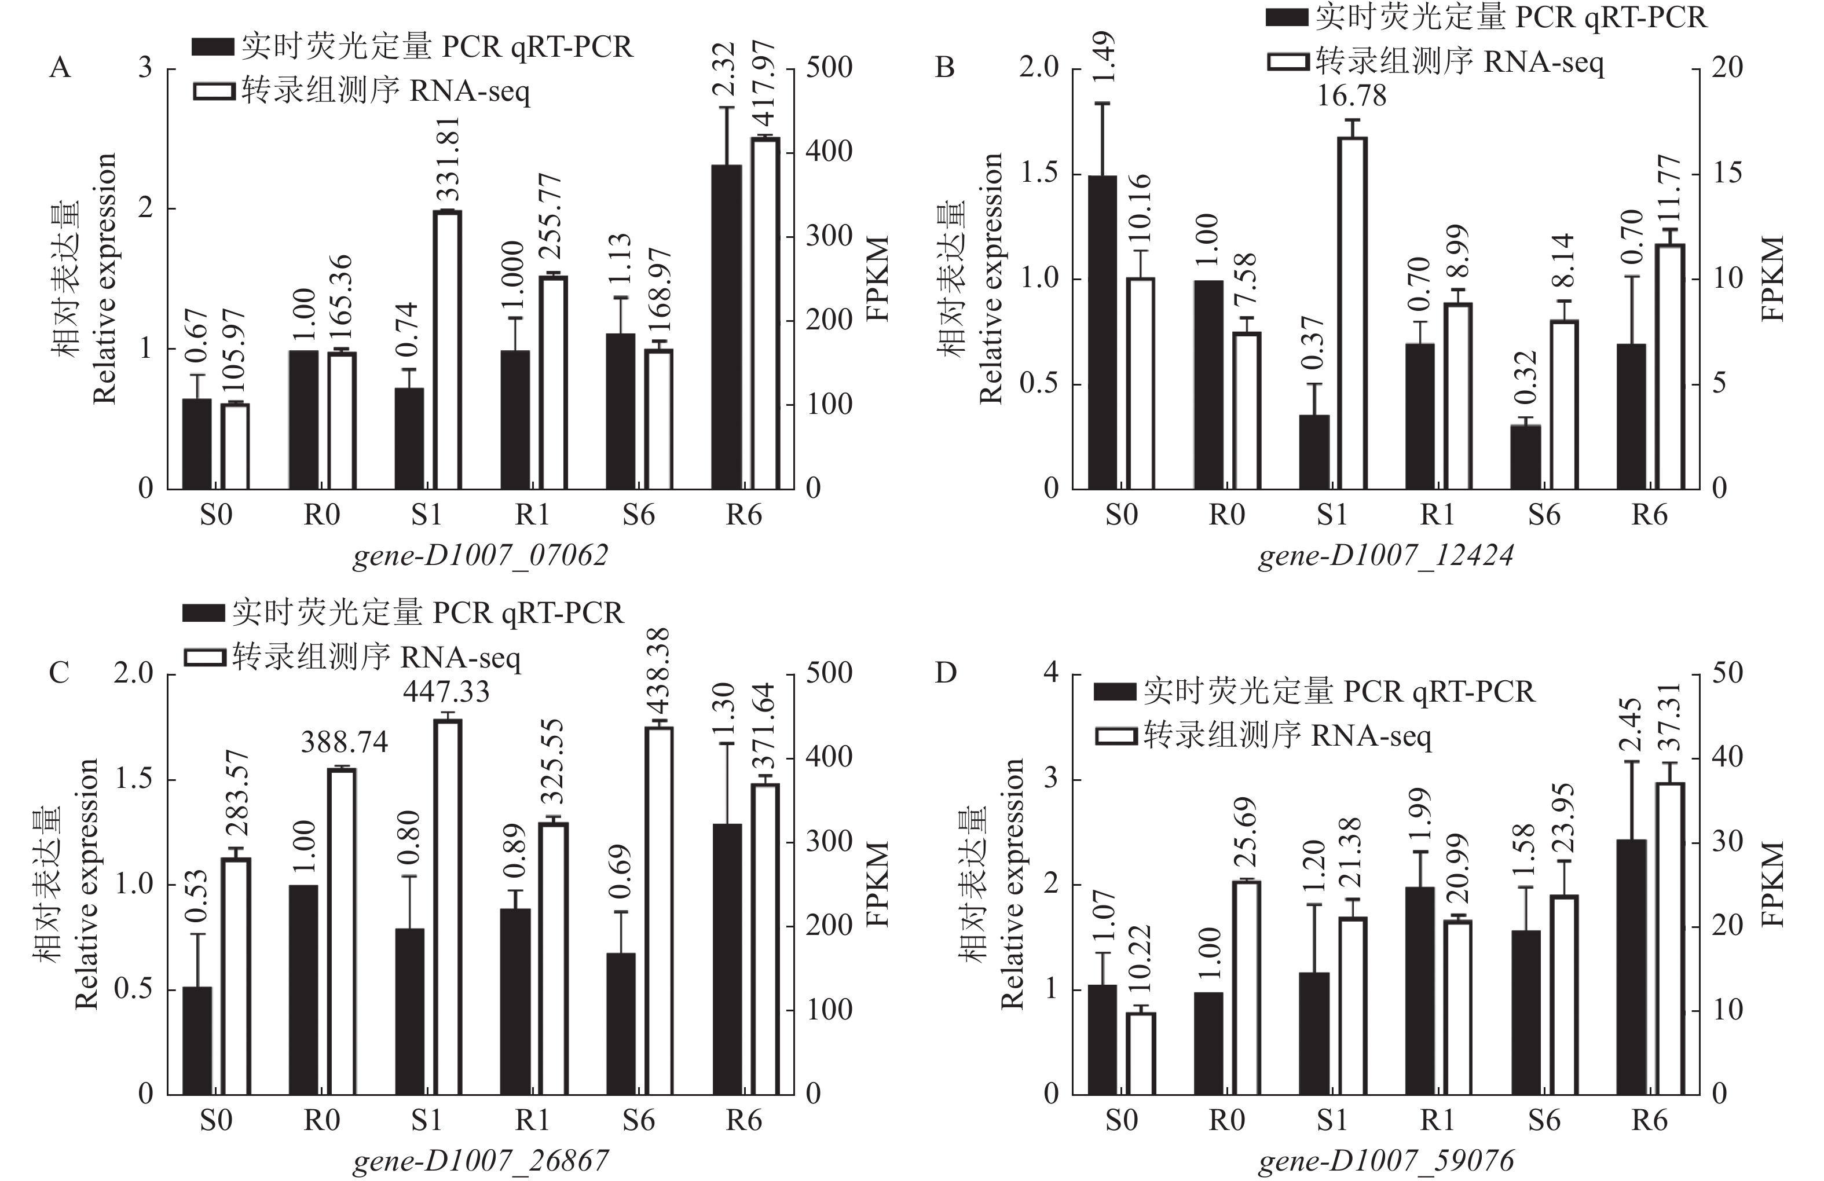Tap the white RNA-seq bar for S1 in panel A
point(447,350)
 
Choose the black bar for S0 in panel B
point(1102,332)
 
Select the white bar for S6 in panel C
point(658,911)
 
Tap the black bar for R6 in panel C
point(727,959)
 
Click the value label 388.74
point(344,742)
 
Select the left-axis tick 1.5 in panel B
point(1039,173)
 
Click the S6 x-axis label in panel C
point(638,1120)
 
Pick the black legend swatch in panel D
point(1114,692)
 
